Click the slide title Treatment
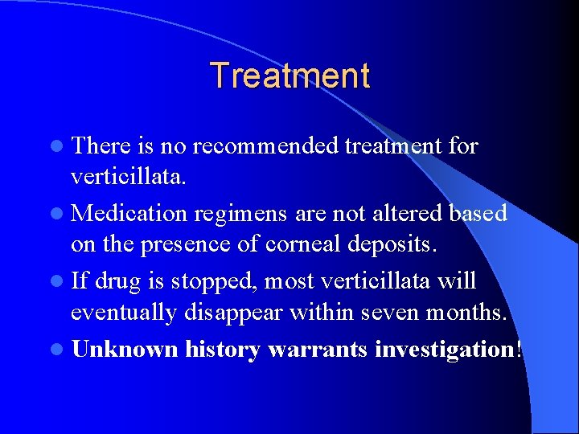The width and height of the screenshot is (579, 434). pos(289,76)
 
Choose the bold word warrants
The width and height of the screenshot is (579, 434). pos(314,350)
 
